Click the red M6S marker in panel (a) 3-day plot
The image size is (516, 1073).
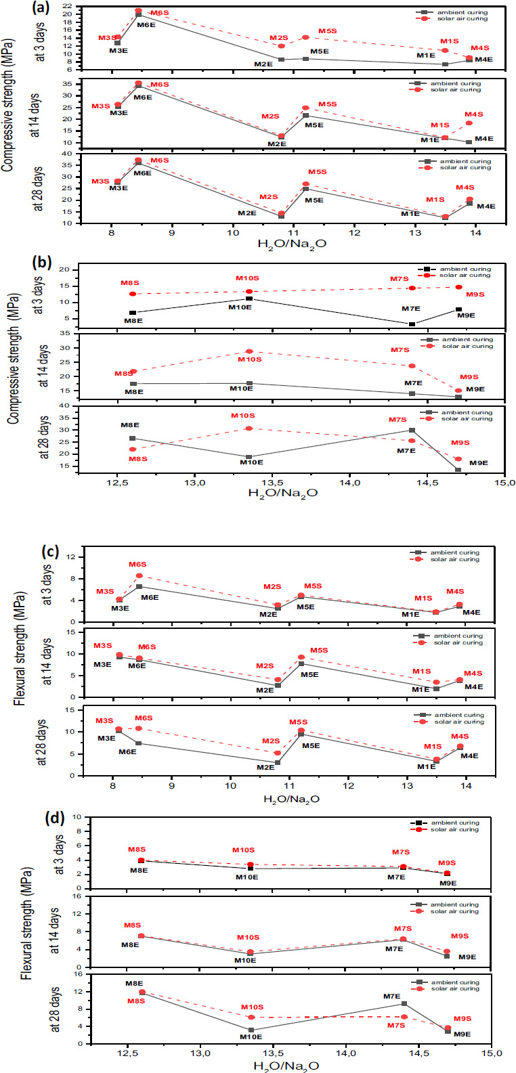[139, 11]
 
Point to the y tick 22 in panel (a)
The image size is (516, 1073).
[68, 5]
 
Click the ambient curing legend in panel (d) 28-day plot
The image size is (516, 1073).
[454, 982]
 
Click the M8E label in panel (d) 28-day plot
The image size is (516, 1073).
[133, 984]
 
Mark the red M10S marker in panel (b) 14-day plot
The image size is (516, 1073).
[249, 351]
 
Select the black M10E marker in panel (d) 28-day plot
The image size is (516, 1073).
[251, 1030]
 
